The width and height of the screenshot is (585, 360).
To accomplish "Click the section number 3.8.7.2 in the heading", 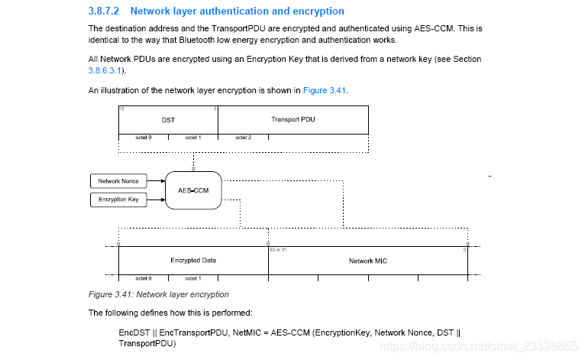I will [106, 11].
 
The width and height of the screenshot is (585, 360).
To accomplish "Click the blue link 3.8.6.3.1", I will [105, 70].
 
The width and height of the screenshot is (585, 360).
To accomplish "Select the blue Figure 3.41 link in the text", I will [325, 90].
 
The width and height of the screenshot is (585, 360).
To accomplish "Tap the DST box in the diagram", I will [168, 120].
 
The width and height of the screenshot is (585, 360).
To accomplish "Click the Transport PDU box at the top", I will [292, 120].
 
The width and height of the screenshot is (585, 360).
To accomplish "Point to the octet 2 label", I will [242, 138].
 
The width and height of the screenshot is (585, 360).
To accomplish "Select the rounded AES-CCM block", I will [192, 190].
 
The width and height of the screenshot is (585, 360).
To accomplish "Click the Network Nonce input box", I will [118, 181].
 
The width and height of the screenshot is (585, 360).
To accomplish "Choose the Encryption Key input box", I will [118, 199].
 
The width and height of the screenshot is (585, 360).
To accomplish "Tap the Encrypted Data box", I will [192, 261].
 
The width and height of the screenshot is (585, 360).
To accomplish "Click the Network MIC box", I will [367, 261].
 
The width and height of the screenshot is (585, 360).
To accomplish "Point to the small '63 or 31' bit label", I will [277, 250].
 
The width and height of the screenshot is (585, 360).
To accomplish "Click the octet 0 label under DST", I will [144, 138].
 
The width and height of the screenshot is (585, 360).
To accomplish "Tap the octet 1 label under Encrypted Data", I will [193, 278].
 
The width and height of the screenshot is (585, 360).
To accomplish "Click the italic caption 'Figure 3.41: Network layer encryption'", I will [158, 294].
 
